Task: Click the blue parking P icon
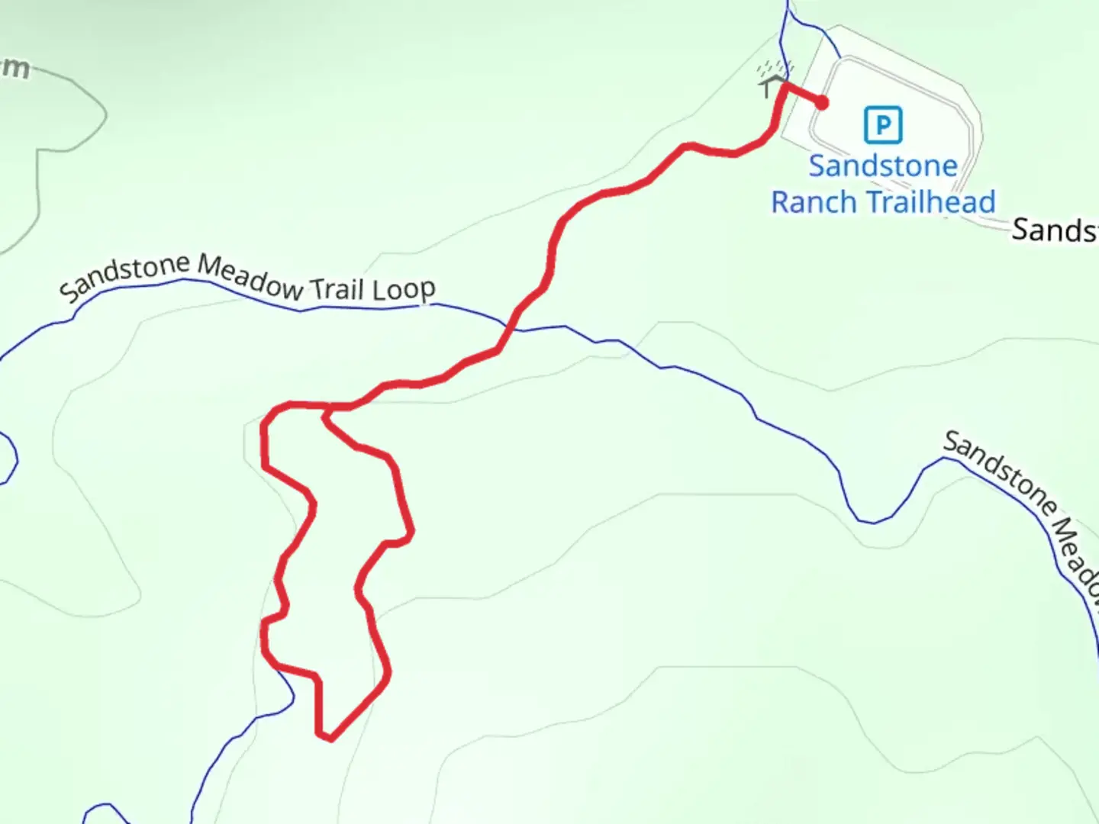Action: pos(883,125)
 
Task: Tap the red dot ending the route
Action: pos(822,103)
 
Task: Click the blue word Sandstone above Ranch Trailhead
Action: pos(883,166)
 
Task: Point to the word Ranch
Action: pos(814,203)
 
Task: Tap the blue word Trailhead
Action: pos(931,203)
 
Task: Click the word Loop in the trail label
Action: pos(404,290)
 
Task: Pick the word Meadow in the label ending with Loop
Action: pos(251,277)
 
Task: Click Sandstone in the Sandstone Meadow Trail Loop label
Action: pos(125,278)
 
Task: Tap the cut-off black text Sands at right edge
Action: pos(1055,230)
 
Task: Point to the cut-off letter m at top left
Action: pos(15,69)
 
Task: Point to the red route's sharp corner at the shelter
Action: pos(784,86)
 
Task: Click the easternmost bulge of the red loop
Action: pos(412,533)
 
